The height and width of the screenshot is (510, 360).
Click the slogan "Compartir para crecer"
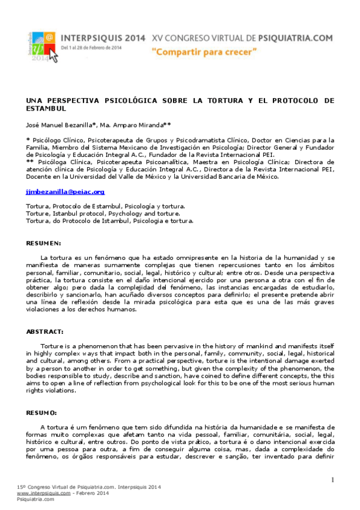click(204, 52)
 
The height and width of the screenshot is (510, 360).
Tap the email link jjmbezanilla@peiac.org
click(57, 192)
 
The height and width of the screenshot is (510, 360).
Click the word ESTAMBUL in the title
click(45, 108)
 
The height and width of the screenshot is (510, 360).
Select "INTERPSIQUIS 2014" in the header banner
click(104, 37)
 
